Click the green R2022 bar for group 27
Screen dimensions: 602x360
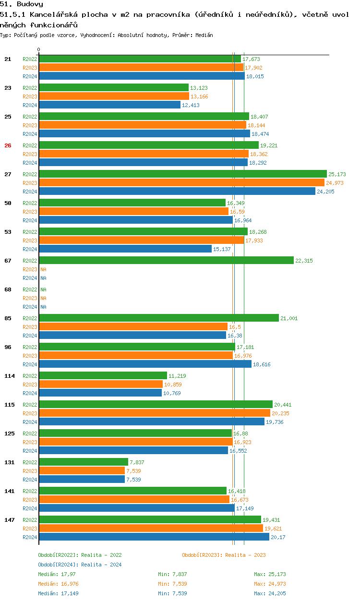tap(182, 174)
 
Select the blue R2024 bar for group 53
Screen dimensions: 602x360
tap(125, 249)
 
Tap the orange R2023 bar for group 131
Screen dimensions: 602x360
tap(82, 470)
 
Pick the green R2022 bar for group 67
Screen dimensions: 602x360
tap(166, 260)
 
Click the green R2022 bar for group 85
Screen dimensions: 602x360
tap(158, 318)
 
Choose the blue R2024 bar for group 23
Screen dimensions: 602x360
tap(109, 105)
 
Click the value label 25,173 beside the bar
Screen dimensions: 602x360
tap(337, 174)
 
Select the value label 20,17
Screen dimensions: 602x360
tap(278, 537)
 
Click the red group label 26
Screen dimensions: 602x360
tap(8, 145)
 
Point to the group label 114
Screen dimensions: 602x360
tap(9, 376)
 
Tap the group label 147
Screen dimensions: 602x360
tap(9, 520)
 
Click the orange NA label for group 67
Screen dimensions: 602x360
tap(43, 269)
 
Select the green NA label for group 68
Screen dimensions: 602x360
tap(43, 289)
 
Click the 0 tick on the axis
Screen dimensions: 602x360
tap(39, 49)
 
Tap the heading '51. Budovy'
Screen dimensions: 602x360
tap(22, 4)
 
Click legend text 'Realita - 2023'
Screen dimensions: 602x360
tap(245, 555)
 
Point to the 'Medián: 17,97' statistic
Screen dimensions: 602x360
tap(57, 574)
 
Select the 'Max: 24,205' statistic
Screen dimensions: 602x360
tap(270, 593)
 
